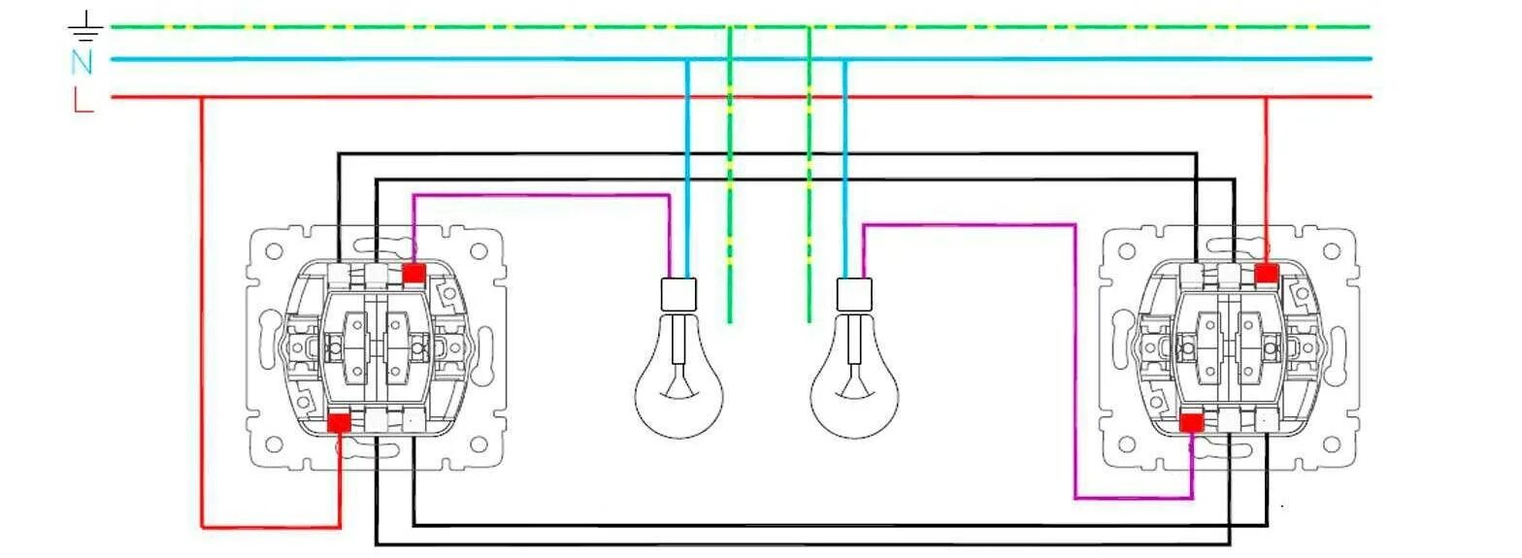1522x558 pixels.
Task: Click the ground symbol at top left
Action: click(87, 27)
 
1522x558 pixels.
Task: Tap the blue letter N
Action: click(82, 62)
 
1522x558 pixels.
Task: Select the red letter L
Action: click(83, 99)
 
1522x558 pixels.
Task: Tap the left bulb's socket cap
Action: click(678, 294)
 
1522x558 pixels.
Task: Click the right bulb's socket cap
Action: click(854, 294)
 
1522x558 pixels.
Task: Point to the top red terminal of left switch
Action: click(413, 274)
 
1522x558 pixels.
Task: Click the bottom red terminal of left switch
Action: click(339, 422)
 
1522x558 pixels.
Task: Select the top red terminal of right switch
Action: click(1265, 274)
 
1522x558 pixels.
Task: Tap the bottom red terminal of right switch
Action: click(1191, 422)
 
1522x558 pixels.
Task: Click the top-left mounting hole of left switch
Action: click(273, 251)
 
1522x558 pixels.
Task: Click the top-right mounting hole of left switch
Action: click(479, 251)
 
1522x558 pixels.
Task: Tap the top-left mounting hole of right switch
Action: click(1126, 251)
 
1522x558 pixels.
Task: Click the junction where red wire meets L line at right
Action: click(1265, 97)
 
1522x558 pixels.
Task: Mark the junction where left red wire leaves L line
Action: click(202, 97)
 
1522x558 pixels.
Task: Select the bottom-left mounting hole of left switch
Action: click(273, 445)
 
